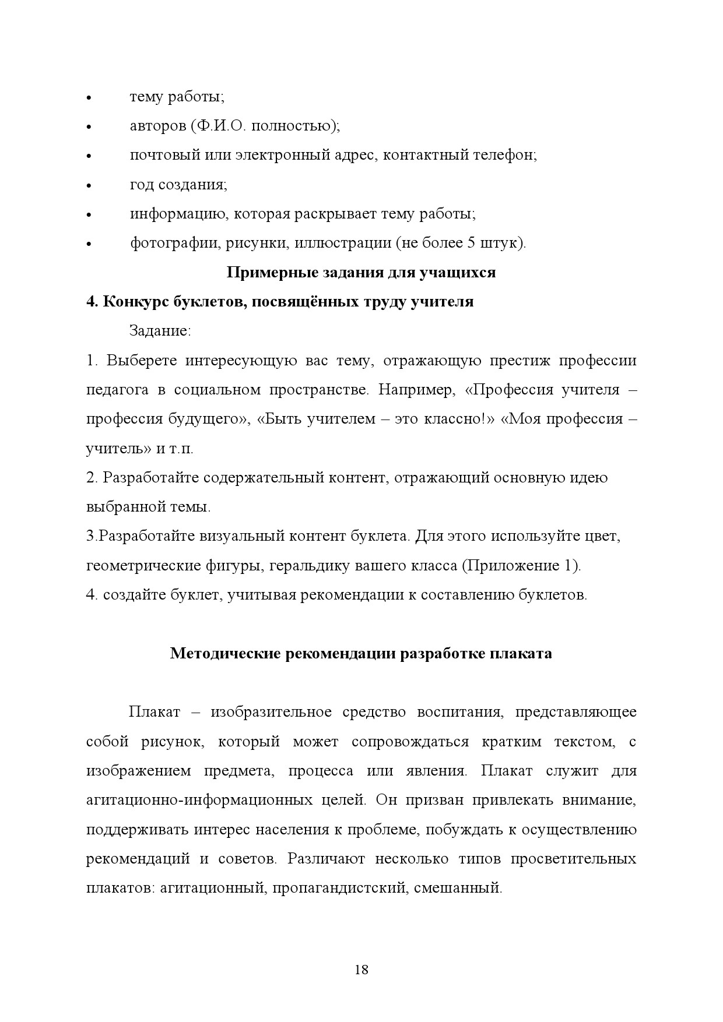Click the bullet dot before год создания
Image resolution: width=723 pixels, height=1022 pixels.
click(x=89, y=186)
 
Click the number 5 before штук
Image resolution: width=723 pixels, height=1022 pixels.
click(x=471, y=243)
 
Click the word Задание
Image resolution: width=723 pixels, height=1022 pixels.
click(x=160, y=331)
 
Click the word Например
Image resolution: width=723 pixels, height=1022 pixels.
click(x=415, y=390)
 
